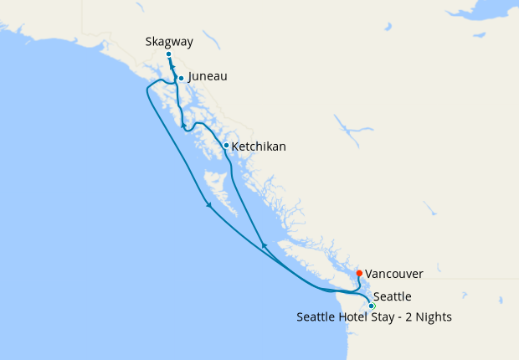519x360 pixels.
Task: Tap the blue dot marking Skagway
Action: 168,54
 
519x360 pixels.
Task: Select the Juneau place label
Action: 208,76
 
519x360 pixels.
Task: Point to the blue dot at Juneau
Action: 181,79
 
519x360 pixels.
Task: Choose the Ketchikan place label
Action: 258,147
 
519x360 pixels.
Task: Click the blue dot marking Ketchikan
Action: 226,145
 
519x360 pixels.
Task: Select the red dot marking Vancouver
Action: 359,273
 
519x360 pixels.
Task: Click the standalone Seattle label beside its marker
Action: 392,296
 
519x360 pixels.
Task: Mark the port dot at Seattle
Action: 372,306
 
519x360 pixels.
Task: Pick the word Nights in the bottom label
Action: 432,317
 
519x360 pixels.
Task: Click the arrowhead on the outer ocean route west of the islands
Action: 208,204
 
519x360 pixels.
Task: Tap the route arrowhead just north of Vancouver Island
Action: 265,245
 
